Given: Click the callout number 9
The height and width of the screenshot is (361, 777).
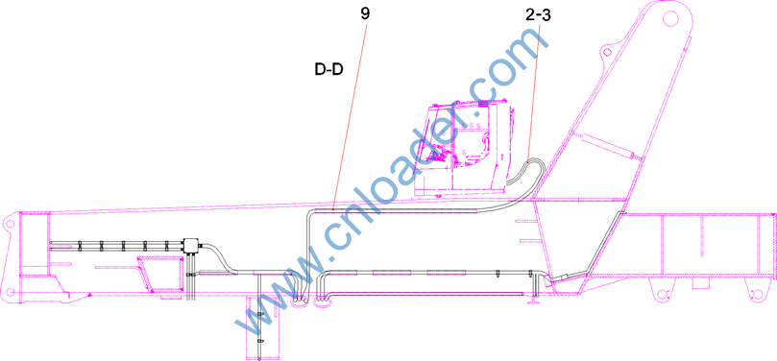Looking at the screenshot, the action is tap(365, 13).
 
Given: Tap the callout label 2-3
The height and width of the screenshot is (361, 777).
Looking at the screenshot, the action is tap(538, 15).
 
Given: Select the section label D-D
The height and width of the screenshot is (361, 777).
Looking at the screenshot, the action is tap(329, 69).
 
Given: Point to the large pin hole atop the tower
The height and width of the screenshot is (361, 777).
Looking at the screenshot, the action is tap(669, 19).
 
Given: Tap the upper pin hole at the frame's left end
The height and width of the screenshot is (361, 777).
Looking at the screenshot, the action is tap(9, 224).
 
